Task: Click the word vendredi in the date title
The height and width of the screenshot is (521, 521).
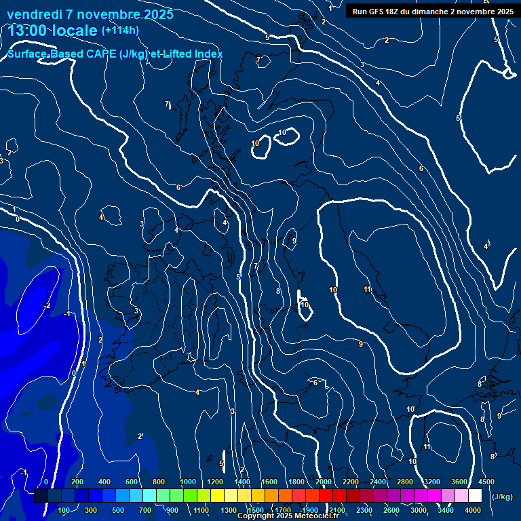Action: pyautogui.click(x=34, y=14)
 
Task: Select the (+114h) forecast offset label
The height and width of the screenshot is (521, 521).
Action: pyautogui.click(x=120, y=30)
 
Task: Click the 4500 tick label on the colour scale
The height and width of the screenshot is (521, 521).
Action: pyautogui.click(x=486, y=482)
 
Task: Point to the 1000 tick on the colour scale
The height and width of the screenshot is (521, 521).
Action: pyautogui.click(x=188, y=482)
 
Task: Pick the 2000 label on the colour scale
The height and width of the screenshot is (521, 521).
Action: pyautogui.click(x=324, y=482)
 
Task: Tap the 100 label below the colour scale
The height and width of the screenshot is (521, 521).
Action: pyautogui.click(x=64, y=510)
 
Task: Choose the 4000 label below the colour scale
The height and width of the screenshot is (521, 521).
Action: pyautogui.click(x=473, y=510)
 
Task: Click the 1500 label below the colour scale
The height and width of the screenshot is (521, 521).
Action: pyautogui.click(x=256, y=510)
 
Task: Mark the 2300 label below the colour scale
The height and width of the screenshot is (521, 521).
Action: pyautogui.click(x=364, y=510)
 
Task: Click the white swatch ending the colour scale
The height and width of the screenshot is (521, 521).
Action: pyautogui.click(x=475, y=496)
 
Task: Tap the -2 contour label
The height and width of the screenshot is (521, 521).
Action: pyautogui.click(x=46, y=306)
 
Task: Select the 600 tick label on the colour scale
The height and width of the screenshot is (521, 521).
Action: pyautogui.click(x=132, y=482)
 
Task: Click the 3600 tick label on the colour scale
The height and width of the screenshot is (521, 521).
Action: pyautogui.click(x=459, y=482)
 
